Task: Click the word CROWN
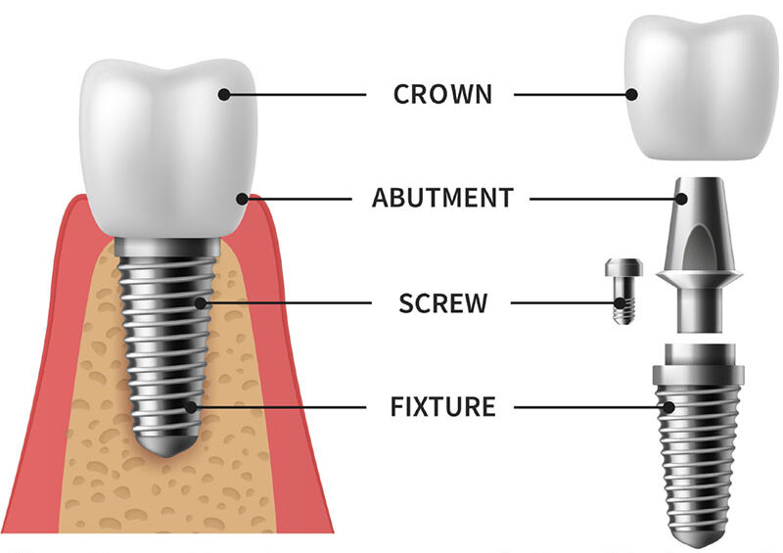pyautogui.click(x=442, y=94)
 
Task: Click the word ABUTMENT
pyautogui.click(x=442, y=198)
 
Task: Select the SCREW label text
pyautogui.click(x=442, y=302)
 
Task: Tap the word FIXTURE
pyautogui.click(x=442, y=406)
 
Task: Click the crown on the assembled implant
pyautogui.click(x=168, y=149)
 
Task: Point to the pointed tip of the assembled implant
pyautogui.click(x=168, y=456)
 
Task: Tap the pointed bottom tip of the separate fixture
pyautogui.click(x=698, y=547)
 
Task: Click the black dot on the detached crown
pyautogui.click(x=631, y=94)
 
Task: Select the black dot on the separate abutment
pyautogui.click(x=681, y=199)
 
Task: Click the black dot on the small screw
pyautogui.click(x=620, y=302)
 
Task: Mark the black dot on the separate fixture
pyautogui.click(x=669, y=407)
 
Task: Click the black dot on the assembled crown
pyautogui.click(x=224, y=94)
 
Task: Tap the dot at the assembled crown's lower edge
pyautogui.click(x=242, y=199)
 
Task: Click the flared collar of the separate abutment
pyautogui.click(x=699, y=278)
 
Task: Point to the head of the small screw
pyautogui.click(x=623, y=267)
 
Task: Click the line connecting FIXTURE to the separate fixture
pyautogui.click(x=591, y=407)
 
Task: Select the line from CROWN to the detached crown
pyautogui.click(x=573, y=94)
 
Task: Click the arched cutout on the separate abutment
pyautogui.click(x=699, y=249)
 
